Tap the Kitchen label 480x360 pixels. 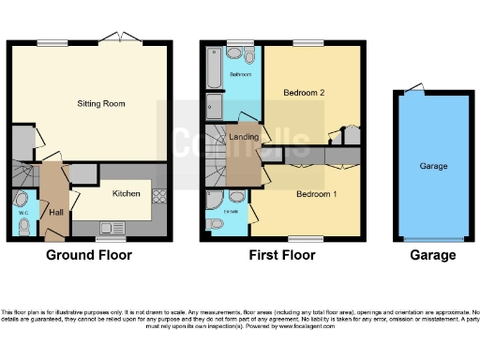127,194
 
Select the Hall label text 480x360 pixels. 56,212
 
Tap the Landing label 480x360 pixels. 244,138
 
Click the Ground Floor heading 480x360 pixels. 90,255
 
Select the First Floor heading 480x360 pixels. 281,255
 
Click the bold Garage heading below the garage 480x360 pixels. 432,255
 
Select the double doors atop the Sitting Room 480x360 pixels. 123,38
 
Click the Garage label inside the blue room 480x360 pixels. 432,165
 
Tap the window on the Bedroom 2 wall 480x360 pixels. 303,43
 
